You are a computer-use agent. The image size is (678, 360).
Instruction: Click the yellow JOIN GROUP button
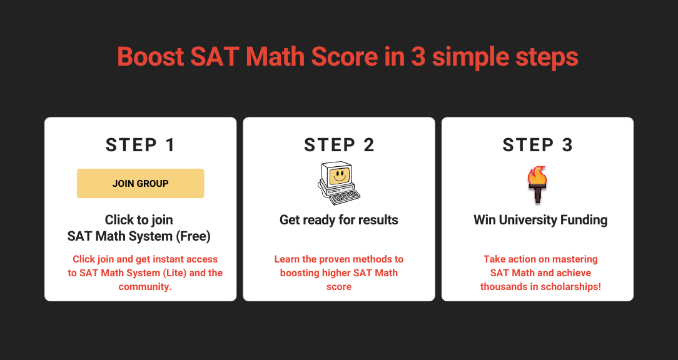tap(141, 183)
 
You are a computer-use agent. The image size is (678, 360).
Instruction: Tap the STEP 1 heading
tap(141, 145)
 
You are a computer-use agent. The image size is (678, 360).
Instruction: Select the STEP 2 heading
tap(339, 145)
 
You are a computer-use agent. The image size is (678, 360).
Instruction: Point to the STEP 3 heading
tap(537, 145)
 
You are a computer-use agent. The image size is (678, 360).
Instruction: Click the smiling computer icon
tap(339, 183)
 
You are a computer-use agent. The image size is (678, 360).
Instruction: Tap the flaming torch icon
tap(537, 184)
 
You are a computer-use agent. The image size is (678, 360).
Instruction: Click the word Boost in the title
tap(151, 57)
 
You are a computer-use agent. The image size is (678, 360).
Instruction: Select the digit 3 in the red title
tap(418, 57)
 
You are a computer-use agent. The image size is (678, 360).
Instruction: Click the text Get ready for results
tap(339, 220)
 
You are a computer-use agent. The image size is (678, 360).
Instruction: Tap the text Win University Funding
tap(540, 220)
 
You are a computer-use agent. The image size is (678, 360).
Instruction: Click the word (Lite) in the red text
tap(175, 273)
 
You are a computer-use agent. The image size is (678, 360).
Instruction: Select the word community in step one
tap(144, 286)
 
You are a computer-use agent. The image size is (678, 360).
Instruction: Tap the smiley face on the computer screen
tap(339, 176)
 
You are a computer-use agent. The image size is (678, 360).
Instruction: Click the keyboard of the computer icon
tap(345, 197)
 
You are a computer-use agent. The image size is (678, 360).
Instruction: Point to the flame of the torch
tap(537, 176)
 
